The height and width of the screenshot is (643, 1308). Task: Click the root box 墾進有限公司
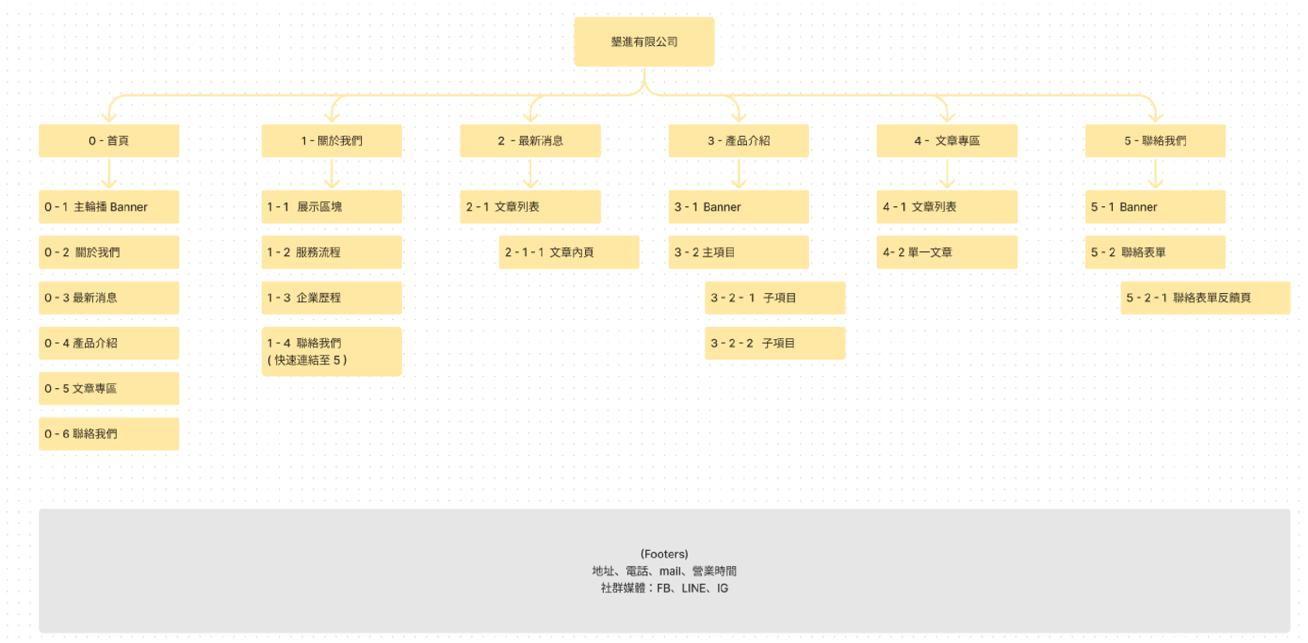point(644,42)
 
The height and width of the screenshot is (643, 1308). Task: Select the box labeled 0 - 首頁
point(109,141)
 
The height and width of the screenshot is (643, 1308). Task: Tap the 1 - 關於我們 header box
point(332,141)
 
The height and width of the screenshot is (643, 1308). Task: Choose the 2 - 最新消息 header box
point(530,141)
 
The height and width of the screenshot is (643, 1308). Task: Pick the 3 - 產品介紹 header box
point(739,141)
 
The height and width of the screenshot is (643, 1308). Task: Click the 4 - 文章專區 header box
point(947,141)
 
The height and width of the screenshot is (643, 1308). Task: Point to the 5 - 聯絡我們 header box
point(1155,141)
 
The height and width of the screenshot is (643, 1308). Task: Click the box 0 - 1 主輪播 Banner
point(109,206)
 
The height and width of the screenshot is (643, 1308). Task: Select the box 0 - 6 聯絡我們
point(109,433)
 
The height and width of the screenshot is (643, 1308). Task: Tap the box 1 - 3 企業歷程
point(332,297)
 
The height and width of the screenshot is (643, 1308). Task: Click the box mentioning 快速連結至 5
point(332,351)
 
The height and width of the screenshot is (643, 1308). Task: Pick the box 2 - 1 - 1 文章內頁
point(569,252)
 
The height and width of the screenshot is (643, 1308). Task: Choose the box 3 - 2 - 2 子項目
point(775,343)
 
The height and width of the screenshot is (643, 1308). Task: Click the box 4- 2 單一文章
point(947,252)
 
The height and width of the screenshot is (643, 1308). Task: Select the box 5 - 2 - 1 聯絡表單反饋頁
point(1205,297)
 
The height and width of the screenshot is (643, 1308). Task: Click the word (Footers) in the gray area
point(664,554)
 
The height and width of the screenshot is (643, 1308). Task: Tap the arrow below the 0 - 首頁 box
point(109,173)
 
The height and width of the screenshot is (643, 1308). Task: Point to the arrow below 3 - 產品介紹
point(739,173)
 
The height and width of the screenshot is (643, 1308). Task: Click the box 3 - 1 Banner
point(739,206)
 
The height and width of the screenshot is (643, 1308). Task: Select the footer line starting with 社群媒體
point(664,588)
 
